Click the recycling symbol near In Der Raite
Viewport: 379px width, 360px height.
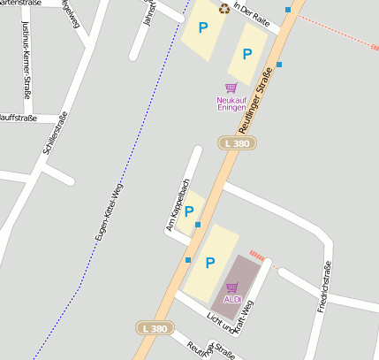click(x=224, y=9)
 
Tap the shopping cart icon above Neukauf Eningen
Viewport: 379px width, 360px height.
click(x=231, y=88)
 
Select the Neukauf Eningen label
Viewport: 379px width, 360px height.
click(x=231, y=103)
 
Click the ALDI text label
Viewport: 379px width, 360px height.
click(x=232, y=299)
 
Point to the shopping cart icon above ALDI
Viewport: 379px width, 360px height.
click(x=232, y=287)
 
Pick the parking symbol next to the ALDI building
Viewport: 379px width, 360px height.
click(x=210, y=263)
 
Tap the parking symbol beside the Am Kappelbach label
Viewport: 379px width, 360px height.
click(x=188, y=211)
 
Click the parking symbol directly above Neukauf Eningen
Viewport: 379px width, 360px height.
click(x=247, y=54)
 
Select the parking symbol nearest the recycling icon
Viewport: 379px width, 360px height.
click(x=203, y=28)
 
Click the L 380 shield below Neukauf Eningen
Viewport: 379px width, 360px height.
click(x=237, y=142)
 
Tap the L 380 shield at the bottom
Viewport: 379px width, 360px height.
click(x=154, y=328)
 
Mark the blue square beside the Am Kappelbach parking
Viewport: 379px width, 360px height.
click(x=198, y=225)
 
